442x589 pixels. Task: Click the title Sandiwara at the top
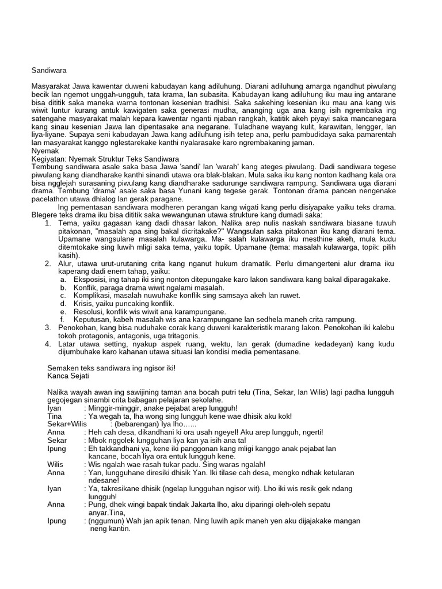pos(49,70)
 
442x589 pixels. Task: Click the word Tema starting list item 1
pos(68,223)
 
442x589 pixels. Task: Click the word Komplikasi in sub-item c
pos(94,295)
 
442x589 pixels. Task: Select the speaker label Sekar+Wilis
pos(67,424)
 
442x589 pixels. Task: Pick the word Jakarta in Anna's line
pos(220,504)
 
